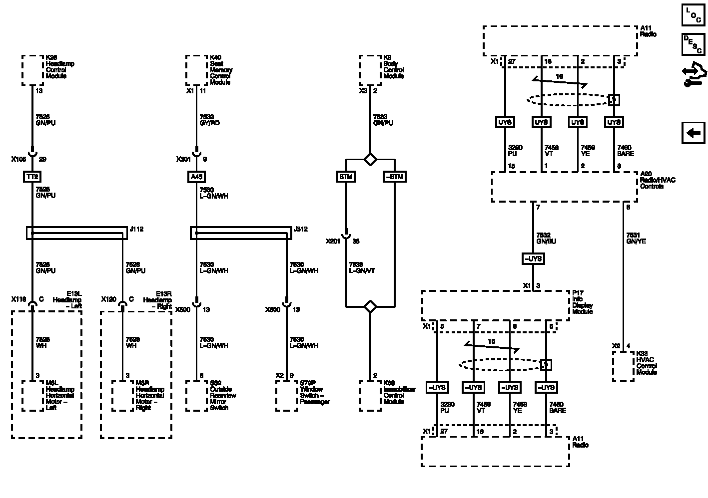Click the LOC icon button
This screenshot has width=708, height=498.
coord(693,15)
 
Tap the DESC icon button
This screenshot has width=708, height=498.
coord(693,44)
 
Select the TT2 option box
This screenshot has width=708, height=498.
coord(32,177)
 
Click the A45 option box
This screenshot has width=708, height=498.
coord(196,177)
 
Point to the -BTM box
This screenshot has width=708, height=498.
coord(394,177)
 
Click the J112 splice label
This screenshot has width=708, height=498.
coord(136,230)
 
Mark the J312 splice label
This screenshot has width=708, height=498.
coord(301,230)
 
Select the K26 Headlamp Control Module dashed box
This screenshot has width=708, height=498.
coord(32,70)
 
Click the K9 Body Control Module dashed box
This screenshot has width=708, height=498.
coord(370,70)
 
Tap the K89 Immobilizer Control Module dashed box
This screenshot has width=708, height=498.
coord(370,396)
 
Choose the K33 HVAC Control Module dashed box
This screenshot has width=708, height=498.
coord(623,366)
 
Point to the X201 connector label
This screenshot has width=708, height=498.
coord(333,242)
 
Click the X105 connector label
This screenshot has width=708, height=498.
coord(18,159)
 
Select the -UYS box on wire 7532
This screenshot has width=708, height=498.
coord(533,259)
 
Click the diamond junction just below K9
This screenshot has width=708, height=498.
coord(370,159)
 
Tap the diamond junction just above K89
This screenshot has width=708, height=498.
coord(370,306)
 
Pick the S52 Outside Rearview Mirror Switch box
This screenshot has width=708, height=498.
coord(196,396)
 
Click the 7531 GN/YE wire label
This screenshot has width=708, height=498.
coord(636,238)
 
